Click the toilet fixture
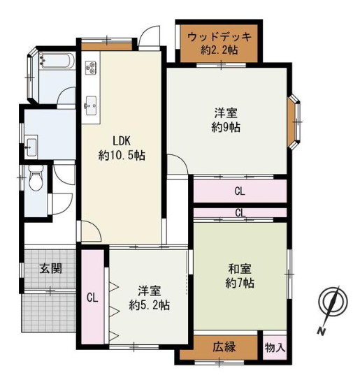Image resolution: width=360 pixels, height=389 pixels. click(x=36, y=177)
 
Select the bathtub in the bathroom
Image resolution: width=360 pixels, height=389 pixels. click(x=57, y=60)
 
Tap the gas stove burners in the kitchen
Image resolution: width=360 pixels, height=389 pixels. click(x=91, y=67)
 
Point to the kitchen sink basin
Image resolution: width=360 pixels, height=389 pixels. click(x=91, y=106)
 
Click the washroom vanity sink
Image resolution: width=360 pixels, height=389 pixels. click(x=31, y=147)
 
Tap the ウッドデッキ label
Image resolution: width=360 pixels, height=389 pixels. click(x=219, y=38)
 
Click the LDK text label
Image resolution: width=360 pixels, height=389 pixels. click(x=122, y=141)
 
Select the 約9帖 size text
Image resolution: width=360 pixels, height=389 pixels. click(x=226, y=128)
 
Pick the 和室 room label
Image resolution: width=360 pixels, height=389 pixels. click(x=240, y=269)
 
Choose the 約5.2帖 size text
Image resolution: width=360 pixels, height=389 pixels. click(x=149, y=305)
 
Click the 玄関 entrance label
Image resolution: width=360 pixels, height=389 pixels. click(x=50, y=268)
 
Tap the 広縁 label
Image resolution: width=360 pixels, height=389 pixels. click(x=224, y=347)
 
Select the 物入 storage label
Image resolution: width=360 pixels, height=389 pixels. click(x=275, y=348)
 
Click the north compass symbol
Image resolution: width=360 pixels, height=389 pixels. click(x=333, y=302)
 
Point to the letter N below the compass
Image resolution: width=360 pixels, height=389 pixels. click(x=322, y=331)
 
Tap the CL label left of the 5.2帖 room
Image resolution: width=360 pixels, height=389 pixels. click(x=92, y=298)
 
